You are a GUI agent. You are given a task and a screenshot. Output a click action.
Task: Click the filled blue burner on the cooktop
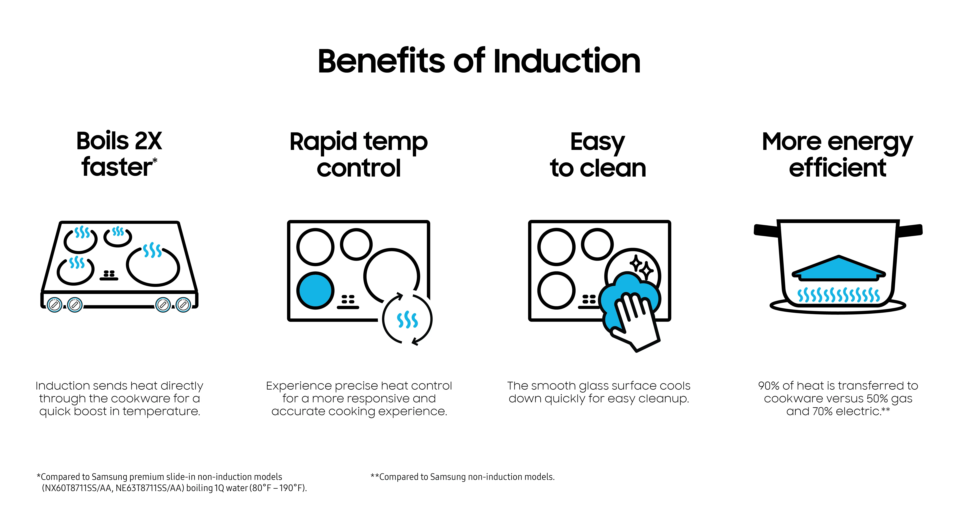(x=315, y=290)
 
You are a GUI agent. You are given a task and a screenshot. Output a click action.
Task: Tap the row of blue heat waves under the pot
(x=839, y=295)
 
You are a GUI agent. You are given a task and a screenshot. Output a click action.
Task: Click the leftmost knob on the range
(x=55, y=305)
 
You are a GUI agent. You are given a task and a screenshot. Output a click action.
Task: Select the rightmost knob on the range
(x=183, y=305)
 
